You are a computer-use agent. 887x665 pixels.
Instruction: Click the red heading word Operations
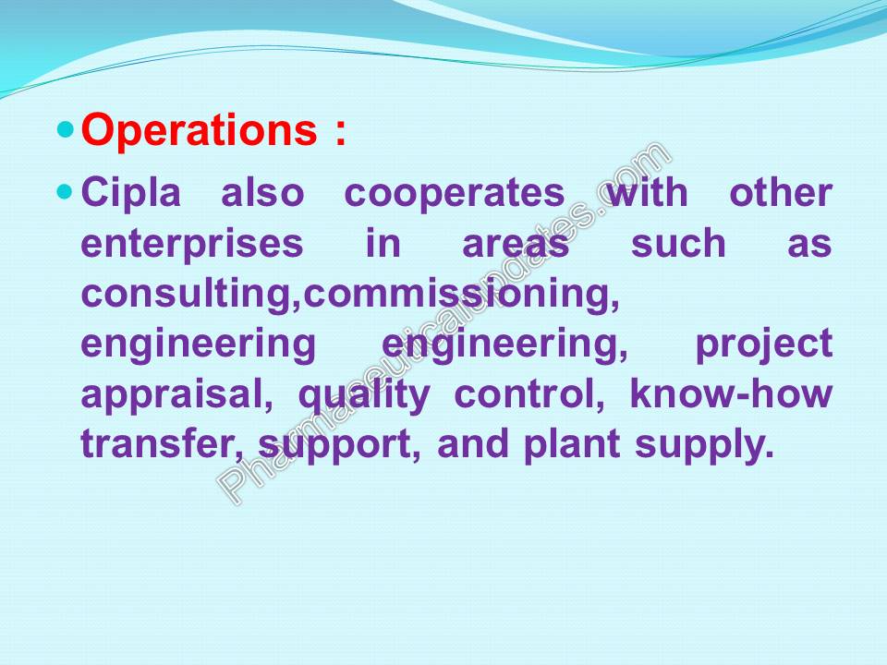(x=200, y=130)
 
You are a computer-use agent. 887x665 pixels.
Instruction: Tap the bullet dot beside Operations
(x=67, y=129)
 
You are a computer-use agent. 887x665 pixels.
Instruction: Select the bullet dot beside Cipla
(x=67, y=193)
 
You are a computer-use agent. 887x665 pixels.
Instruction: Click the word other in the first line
(x=781, y=193)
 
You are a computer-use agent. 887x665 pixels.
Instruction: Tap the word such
(x=678, y=243)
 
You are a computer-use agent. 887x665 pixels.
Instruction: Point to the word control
(x=529, y=394)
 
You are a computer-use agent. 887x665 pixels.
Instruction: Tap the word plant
(x=572, y=445)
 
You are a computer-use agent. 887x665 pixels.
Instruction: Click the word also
(x=262, y=193)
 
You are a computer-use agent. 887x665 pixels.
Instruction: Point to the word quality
(x=364, y=395)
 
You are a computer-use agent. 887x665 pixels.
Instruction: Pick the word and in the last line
(x=473, y=443)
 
